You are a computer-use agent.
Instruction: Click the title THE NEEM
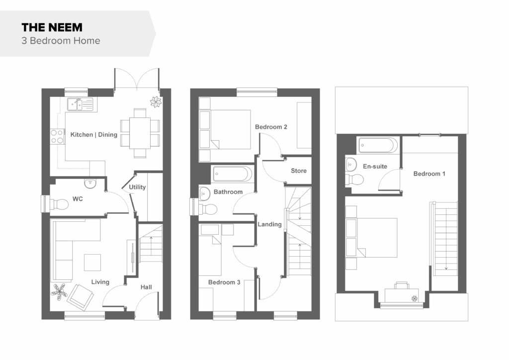click(x=52, y=27)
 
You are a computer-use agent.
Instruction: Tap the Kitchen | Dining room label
click(x=94, y=134)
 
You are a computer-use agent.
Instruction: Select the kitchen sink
click(x=80, y=104)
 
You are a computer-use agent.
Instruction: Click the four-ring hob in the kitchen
click(x=57, y=137)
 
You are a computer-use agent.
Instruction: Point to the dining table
click(x=140, y=133)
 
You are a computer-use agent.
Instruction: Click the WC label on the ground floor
click(x=78, y=199)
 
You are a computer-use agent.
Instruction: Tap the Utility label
click(x=137, y=187)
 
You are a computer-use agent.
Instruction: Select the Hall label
click(x=146, y=287)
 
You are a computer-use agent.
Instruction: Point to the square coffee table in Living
click(x=92, y=262)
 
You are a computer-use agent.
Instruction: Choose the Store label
click(x=299, y=171)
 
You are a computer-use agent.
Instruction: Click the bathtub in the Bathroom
click(x=232, y=174)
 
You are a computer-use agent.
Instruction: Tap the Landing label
click(x=269, y=224)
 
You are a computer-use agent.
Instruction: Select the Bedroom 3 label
click(x=224, y=282)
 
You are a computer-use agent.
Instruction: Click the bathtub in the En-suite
click(x=378, y=145)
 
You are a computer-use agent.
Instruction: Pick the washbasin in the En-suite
click(x=350, y=164)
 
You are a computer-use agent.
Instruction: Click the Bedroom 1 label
click(x=429, y=174)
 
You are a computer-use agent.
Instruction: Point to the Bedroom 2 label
click(x=271, y=127)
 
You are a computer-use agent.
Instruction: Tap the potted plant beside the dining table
click(x=156, y=102)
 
